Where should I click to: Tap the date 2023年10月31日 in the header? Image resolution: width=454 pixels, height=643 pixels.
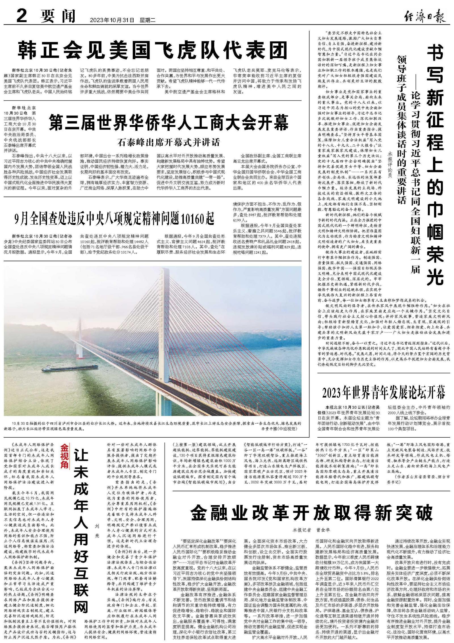(x=112, y=20)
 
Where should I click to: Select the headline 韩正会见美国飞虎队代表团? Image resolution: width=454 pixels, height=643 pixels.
(x=153, y=50)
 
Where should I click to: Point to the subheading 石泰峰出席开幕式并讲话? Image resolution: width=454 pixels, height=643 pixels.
(x=169, y=142)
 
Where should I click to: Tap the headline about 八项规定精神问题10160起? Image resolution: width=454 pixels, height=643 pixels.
(x=115, y=218)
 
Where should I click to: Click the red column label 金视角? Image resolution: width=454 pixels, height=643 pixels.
(x=64, y=456)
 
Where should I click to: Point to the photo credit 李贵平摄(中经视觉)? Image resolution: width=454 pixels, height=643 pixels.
(x=279, y=429)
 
